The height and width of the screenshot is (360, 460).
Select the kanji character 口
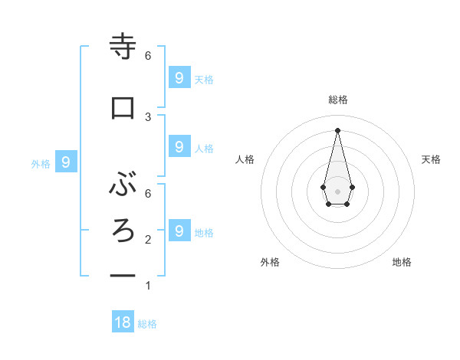click(x=123, y=108)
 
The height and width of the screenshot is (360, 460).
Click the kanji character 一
click(x=123, y=275)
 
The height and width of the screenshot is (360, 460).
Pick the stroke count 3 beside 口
click(x=148, y=116)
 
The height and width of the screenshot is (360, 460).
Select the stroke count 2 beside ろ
click(x=148, y=240)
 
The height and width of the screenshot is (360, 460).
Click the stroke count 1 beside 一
click(x=148, y=286)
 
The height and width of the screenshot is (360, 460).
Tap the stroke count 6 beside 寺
click(x=148, y=56)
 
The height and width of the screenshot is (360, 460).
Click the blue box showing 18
click(x=123, y=322)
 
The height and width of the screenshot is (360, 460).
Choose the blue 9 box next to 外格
click(x=66, y=162)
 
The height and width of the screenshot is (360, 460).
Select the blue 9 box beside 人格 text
click(x=179, y=146)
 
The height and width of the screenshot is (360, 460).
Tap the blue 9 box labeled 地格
click(x=179, y=231)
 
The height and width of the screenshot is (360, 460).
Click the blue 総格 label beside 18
click(x=147, y=324)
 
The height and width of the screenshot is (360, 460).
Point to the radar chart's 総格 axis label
click(x=337, y=100)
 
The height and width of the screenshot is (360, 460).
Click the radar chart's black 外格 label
click(x=270, y=262)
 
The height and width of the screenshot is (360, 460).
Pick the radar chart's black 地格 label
click(x=402, y=262)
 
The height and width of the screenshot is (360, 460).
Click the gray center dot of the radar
click(x=337, y=191)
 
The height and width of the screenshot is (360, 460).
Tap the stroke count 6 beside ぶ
click(x=148, y=194)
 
